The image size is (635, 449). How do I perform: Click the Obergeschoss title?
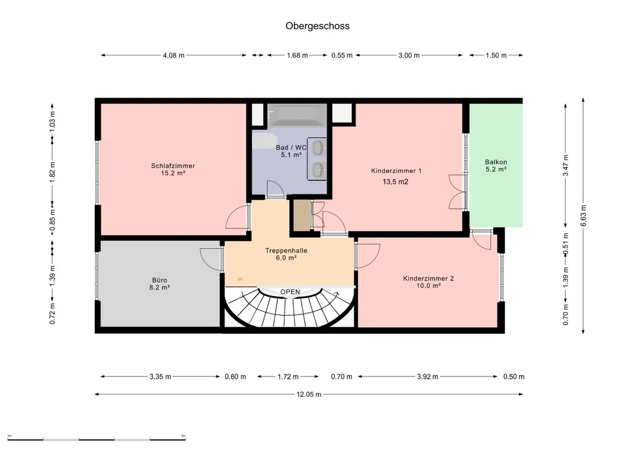[x=317, y=26]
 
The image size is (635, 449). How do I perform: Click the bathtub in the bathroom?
[x=297, y=115]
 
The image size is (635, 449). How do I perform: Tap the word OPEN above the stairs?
[x=290, y=292]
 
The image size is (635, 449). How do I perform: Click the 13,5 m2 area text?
[x=396, y=181]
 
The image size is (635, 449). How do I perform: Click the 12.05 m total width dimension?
[x=309, y=394]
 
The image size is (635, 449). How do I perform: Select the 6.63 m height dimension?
[x=583, y=216]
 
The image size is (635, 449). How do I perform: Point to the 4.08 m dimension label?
[x=173, y=55]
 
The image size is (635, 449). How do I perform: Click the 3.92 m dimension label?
[x=427, y=377]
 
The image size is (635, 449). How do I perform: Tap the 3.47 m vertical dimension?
[x=565, y=166]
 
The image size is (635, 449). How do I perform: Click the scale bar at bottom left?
[x=97, y=439]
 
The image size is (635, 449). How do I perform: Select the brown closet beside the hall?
[x=302, y=215]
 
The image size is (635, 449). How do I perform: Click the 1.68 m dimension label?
[x=297, y=55]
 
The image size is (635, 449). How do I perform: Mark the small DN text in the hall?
[x=240, y=279]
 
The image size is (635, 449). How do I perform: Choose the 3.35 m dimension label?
[x=160, y=377]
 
